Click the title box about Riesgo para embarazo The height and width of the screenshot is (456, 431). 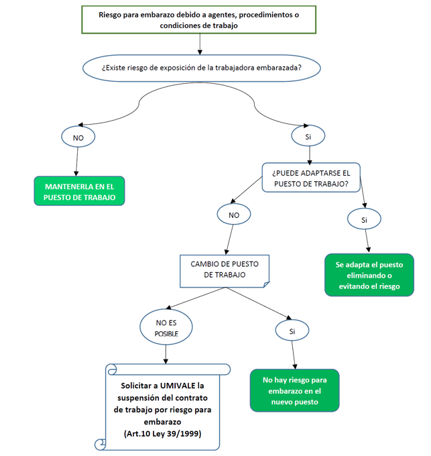pos(198,20)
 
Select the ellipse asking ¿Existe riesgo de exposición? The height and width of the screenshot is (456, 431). pos(200,67)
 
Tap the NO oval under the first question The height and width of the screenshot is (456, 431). pos(78,137)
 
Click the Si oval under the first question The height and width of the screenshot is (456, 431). pos(308,135)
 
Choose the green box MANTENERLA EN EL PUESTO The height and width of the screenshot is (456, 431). pos(79,192)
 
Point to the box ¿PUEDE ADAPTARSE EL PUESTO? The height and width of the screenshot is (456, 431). pos(310,178)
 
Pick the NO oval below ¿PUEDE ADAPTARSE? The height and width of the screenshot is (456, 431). pos(234,215)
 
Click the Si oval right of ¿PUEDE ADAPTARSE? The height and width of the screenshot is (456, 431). pos(364,219)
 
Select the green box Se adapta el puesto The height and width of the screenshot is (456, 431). pos(369,275)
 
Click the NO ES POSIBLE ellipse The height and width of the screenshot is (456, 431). pos(167,327)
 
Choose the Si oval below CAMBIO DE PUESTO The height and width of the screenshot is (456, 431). pos(292,331)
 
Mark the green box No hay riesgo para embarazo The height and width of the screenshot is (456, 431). pos(294,390)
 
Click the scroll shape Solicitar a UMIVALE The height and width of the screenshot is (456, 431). pos(167,406)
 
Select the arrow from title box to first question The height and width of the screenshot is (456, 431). pos(200,44)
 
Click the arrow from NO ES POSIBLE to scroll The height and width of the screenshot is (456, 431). pos(166,354)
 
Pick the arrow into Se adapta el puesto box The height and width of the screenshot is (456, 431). pos(367,240)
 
